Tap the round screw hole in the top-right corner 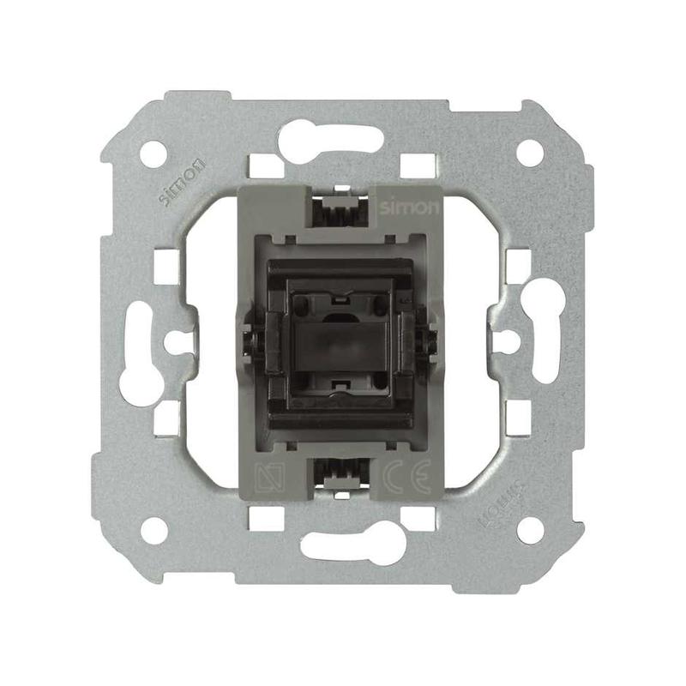[x=530, y=153]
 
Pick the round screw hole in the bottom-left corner [x=153, y=530]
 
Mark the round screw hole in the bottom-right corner [x=530, y=530]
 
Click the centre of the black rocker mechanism [x=342, y=341]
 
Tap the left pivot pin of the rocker [x=250, y=341]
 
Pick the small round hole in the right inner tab [x=506, y=341]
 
